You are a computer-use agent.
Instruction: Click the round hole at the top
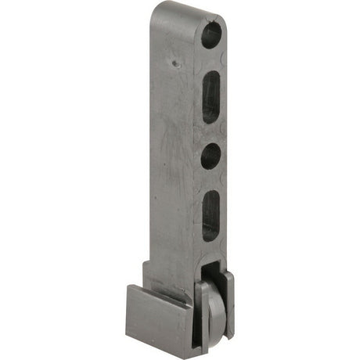point(211,35)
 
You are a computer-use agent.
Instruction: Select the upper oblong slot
point(211,96)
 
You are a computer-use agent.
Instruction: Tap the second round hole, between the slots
point(211,157)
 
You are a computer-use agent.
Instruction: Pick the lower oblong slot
point(211,215)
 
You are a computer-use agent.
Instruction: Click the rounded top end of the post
point(188,9)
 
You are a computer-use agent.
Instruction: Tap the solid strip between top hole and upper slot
point(211,59)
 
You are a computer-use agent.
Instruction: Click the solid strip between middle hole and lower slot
point(211,180)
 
